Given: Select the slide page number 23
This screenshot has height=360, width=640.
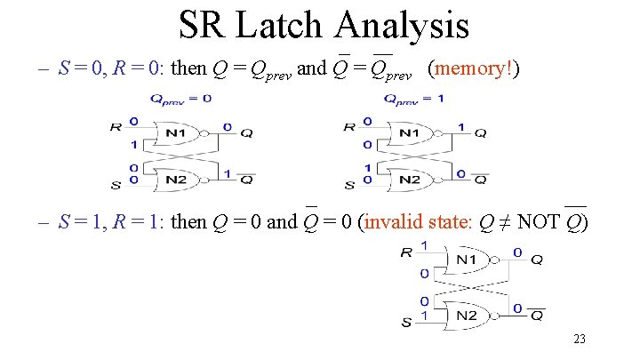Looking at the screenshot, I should tap(579, 339).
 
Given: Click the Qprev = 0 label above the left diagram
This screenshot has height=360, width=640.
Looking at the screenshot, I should tap(180, 98).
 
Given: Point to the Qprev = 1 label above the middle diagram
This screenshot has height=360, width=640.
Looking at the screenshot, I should tap(414, 98).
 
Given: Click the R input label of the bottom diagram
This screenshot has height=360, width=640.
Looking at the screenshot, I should tap(406, 252).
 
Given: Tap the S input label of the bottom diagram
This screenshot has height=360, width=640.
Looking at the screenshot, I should tap(406, 322).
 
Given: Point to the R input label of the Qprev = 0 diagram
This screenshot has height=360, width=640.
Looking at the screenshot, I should tap(115, 127).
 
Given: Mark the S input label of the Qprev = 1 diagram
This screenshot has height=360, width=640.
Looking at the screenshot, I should tap(349, 185).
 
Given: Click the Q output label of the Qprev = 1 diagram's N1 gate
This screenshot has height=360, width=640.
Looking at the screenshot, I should tap(480, 133).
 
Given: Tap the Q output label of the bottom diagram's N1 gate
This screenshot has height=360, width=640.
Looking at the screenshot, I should tap(537, 260).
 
